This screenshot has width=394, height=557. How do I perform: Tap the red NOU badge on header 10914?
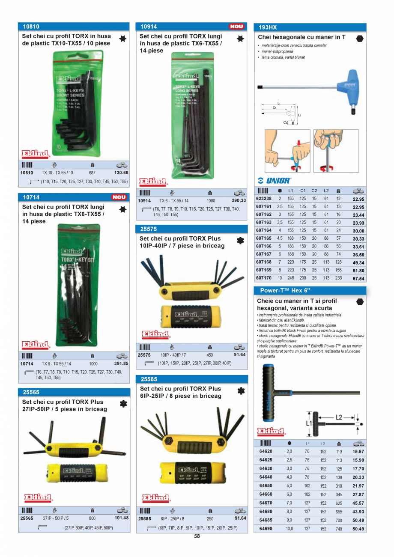(x=236, y=27)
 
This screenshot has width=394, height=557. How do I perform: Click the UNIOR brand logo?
(x=274, y=181)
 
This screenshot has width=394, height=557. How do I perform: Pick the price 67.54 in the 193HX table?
(x=358, y=278)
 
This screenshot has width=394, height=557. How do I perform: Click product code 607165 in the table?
(x=263, y=238)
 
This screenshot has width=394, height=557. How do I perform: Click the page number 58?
(x=197, y=536)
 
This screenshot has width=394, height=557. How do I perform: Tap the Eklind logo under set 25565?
(x=38, y=497)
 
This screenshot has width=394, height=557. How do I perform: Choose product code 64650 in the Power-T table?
(x=266, y=486)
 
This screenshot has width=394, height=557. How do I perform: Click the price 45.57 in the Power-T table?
(x=358, y=503)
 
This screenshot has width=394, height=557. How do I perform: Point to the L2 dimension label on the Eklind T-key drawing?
(x=339, y=417)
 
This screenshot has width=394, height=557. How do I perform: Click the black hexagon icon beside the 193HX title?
(x=360, y=38)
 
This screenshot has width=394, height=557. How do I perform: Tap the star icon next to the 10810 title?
(x=122, y=39)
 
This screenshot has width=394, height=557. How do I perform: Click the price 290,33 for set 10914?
(x=239, y=200)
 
